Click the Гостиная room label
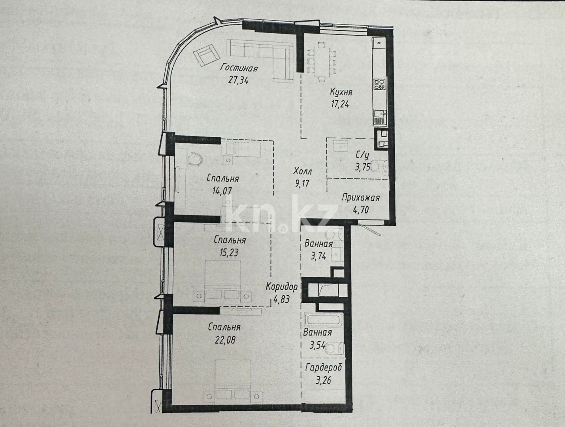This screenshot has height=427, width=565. point(239,68)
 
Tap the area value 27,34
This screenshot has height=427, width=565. point(239,80)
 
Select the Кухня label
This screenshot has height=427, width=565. point(341,93)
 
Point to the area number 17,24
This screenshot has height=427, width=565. point(340,104)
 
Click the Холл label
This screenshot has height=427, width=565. point(303,172)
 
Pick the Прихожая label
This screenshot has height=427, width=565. point(361,198)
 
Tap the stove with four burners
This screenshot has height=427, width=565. point(380,84)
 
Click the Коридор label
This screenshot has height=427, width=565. point(281,287)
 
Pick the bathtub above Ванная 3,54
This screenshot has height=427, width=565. point(323,320)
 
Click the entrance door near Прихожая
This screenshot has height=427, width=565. point(369,228)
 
